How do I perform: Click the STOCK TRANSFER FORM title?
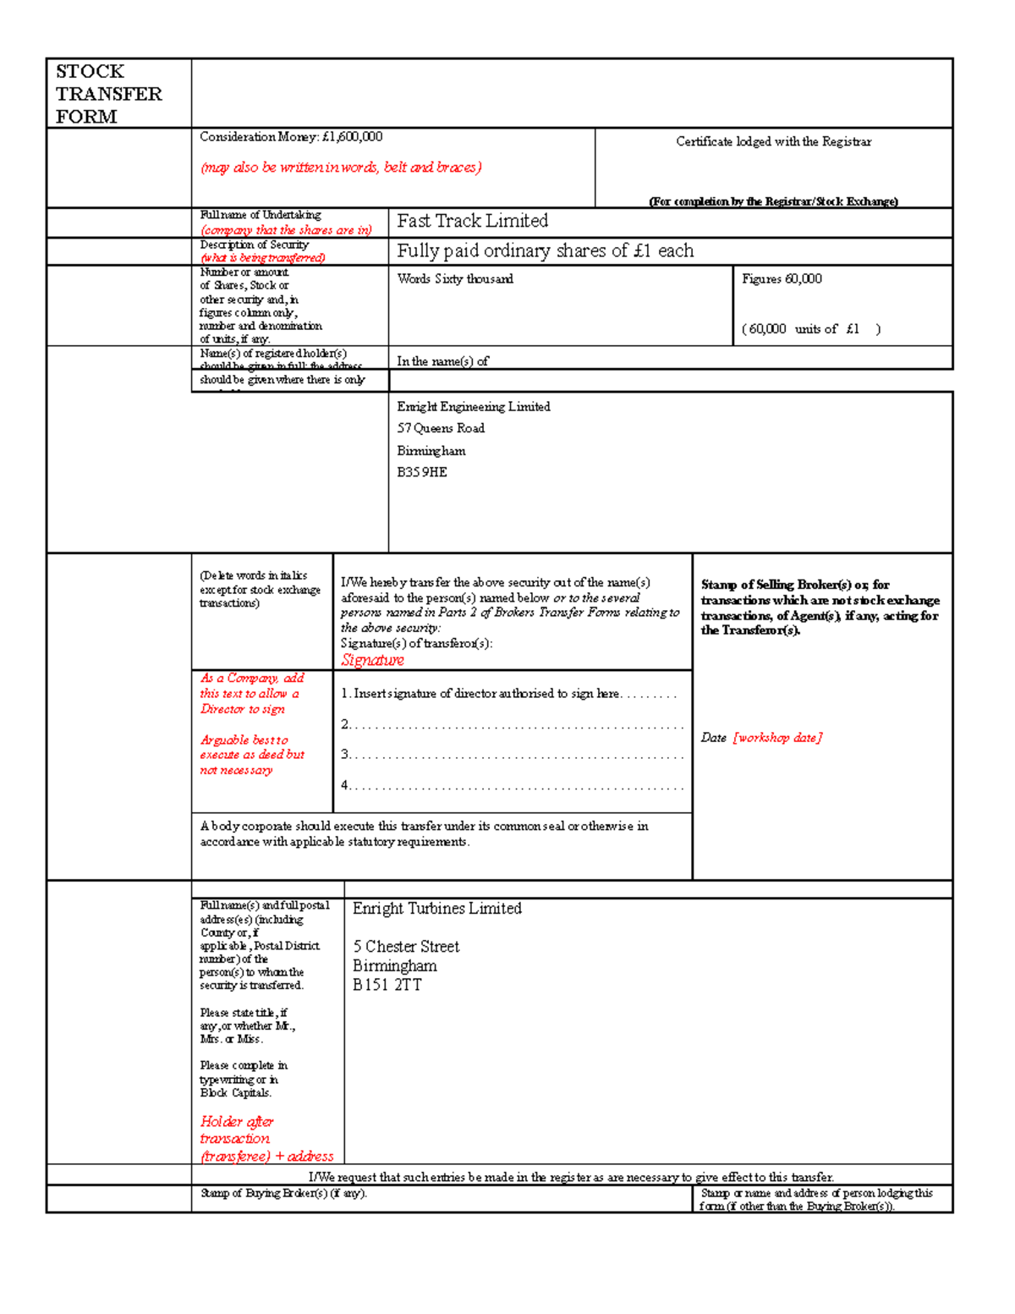point(108,94)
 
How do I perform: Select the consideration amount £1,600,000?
point(352,137)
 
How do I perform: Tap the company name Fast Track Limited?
point(472,222)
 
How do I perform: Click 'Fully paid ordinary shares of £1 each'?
point(545,251)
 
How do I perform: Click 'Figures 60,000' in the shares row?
point(782,279)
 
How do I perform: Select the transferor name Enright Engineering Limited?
point(474,407)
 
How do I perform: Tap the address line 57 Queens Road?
point(441,428)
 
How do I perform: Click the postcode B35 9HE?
point(422,472)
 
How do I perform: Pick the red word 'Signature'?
point(372,661)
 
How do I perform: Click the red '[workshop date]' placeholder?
point(777,738)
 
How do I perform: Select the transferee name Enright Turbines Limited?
point(436,909)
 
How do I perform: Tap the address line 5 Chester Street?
point(406,947)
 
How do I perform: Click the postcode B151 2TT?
point(387,985)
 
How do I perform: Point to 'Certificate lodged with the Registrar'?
point(773,142)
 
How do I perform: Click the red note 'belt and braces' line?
point(341,168)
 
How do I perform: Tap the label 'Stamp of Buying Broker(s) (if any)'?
point(283,1194)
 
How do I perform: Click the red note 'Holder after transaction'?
point(236,1130)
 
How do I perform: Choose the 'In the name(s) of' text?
point(442,361)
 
